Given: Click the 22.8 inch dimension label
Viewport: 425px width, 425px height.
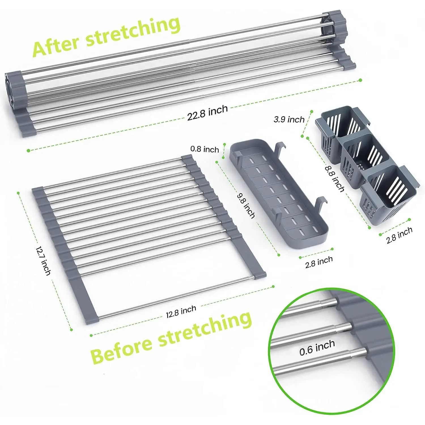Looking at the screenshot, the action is coord(207,112).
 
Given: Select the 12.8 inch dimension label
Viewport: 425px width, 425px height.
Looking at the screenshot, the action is coord(181,311).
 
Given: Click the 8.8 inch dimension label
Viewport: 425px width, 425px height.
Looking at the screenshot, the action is coord(335,178).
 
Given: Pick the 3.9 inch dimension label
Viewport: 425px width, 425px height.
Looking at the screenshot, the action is coord(289,119).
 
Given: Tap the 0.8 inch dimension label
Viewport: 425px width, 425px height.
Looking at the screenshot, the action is coord(205,149).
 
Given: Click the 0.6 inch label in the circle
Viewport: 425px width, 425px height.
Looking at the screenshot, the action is coord(317,348).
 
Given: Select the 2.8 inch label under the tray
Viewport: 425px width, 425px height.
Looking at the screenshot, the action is coord(319,262).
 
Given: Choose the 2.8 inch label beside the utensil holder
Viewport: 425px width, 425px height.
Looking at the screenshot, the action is coord(399,235).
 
